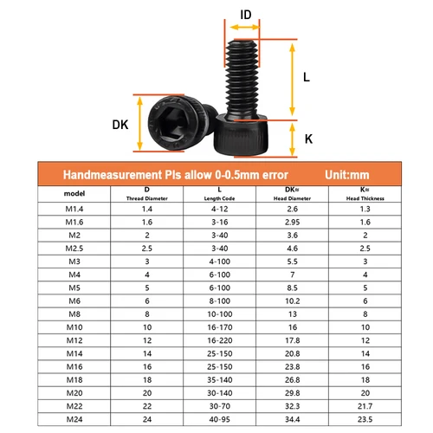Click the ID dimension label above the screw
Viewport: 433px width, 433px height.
245,15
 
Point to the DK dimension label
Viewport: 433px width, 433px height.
120,124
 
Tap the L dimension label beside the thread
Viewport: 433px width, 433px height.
307,76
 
